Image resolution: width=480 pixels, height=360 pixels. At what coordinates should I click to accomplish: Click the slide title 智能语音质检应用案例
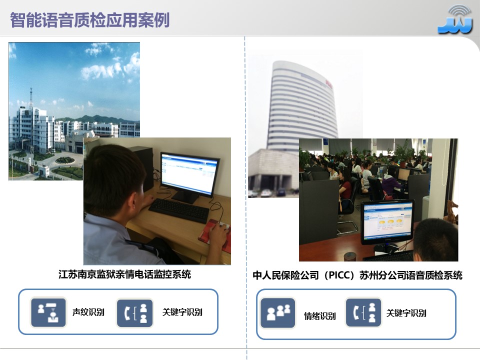(90, 19)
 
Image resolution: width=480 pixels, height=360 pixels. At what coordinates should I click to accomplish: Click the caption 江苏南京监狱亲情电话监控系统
(124, 274)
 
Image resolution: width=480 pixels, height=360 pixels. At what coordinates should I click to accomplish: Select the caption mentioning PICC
(357, 275)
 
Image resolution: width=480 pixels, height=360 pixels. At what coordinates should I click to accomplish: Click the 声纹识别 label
(88, 312)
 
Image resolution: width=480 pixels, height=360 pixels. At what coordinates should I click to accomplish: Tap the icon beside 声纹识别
(48, 312)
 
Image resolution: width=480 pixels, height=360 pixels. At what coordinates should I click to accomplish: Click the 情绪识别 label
(320, 316)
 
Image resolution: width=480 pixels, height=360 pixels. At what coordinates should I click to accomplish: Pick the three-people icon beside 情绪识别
(278, 313)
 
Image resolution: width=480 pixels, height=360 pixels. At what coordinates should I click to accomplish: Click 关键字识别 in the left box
(182, 312)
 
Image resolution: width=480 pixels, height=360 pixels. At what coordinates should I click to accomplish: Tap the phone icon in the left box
(135, 313)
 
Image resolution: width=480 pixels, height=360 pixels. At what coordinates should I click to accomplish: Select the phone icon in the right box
(363, 313)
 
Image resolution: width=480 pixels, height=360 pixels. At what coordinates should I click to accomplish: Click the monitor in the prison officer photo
(189, 174)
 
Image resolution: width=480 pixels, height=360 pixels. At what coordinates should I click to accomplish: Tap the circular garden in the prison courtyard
(64, 160)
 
